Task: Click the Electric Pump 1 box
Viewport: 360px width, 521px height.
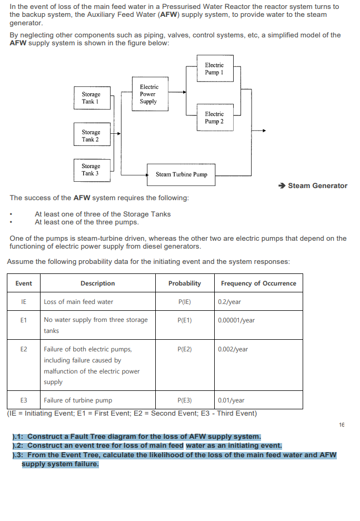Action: pos(214,68)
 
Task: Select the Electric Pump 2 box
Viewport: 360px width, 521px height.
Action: pos(214,117)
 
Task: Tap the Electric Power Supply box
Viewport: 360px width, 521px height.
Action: pos(148,94)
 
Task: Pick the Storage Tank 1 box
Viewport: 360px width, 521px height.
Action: pos(91,98)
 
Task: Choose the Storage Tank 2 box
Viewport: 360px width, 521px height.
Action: pos(91,136)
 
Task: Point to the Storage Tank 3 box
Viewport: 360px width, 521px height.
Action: pos(91,170)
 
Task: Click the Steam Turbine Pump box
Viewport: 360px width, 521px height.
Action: pos(182,174)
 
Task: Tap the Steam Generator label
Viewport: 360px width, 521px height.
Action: pos(317,185)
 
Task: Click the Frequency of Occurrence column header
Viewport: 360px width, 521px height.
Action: pos(258,283)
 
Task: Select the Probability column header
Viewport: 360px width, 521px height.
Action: pos(185,283)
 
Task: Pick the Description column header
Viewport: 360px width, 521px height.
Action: pos(97,283)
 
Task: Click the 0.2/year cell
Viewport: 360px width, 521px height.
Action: pos(229,302)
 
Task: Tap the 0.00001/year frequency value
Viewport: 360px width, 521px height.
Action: pos(236,320)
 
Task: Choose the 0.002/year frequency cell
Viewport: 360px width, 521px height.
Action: pos(233,349)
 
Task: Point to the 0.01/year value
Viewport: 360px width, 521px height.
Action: pos(231,400)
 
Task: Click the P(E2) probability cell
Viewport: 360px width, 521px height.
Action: pos(185,349)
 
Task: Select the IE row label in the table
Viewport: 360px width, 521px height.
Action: pos(23,302)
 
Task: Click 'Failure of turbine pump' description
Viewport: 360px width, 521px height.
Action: pos(78,400)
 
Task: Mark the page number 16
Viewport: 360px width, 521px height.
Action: pos(342,424)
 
